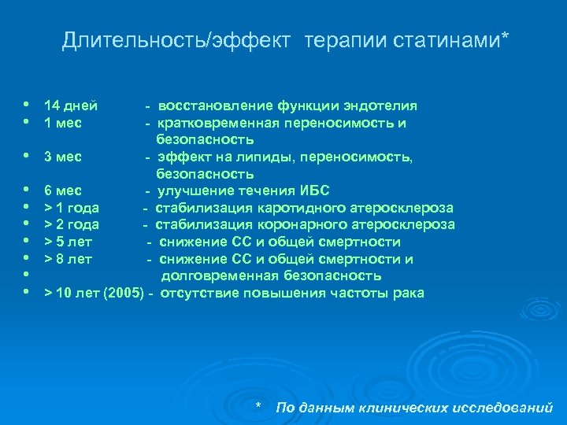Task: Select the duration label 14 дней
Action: [71, 105]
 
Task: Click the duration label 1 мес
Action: [63, 123]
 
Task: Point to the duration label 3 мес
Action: [63, 157]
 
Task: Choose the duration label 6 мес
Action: [63, 190]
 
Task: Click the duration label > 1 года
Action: [71, 208]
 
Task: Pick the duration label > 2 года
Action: [71, 225]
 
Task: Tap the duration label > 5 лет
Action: [69, 242]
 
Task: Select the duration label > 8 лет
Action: [69, 259]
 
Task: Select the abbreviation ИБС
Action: [315, 190]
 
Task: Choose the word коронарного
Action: [295, 225]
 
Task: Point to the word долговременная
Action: [217, 275]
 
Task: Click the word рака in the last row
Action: [408, 293]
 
